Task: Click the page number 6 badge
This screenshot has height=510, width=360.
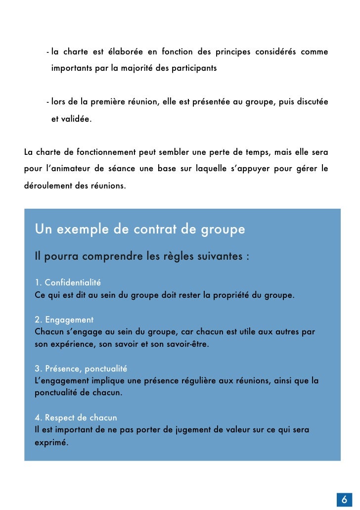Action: pos(344,499)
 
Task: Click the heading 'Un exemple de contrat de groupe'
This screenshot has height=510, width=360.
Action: pos(140,230)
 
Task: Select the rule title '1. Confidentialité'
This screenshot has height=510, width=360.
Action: pos(68,283)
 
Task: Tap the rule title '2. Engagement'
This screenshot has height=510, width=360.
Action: pos(64,320)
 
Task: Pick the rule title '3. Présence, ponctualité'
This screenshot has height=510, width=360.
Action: pos(81,369)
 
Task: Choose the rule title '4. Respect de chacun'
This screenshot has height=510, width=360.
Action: pos(76,417)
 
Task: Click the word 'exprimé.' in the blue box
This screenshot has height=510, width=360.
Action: pos(51,442)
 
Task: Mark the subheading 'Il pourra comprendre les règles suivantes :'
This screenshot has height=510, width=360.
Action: pos(142,257)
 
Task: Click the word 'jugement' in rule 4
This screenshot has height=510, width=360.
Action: pos(193,430)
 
